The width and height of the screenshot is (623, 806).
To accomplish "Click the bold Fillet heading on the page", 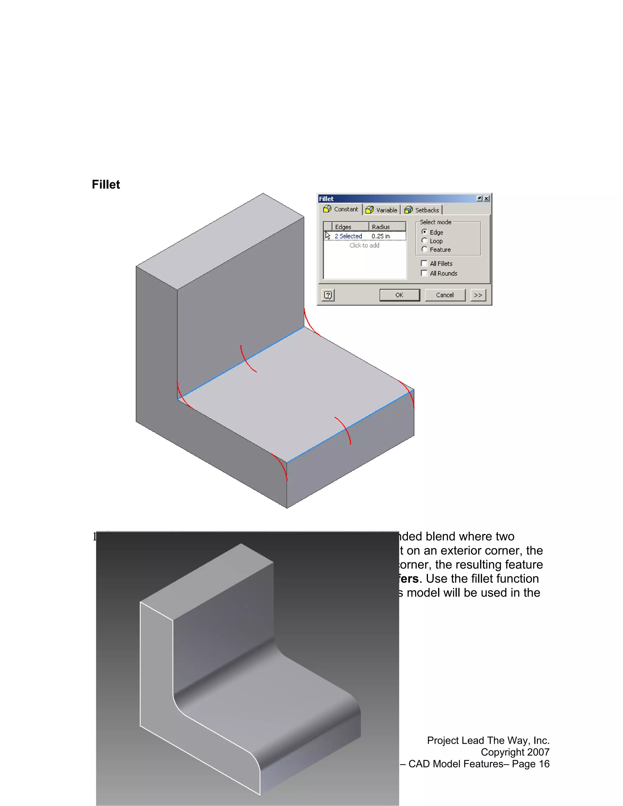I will (x=106, y=185).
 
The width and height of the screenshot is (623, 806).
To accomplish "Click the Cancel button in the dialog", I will (x=445, y=295).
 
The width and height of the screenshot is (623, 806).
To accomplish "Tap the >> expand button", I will (x=478, y=295).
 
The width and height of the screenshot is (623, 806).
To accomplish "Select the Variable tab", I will (x=382, y=210).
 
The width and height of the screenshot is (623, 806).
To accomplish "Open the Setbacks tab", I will (x=422, y=210).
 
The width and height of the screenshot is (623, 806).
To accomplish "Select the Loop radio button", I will (x=424, y=241).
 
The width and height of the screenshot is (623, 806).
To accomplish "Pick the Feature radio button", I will (x=424, y=249).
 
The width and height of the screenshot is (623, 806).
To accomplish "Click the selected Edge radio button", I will (x=424, y=232).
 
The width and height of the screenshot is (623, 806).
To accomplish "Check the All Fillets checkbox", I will (x=424, y=263).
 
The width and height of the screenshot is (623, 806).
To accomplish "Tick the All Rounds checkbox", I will (x=424, y=273).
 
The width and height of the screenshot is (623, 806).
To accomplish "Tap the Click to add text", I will (x=364, y=245).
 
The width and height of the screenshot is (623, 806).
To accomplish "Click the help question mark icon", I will (x=328, y=295).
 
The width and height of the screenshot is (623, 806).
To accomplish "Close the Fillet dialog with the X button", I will (x=486, y=199).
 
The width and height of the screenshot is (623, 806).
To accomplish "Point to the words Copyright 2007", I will (x=515, y=752).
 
